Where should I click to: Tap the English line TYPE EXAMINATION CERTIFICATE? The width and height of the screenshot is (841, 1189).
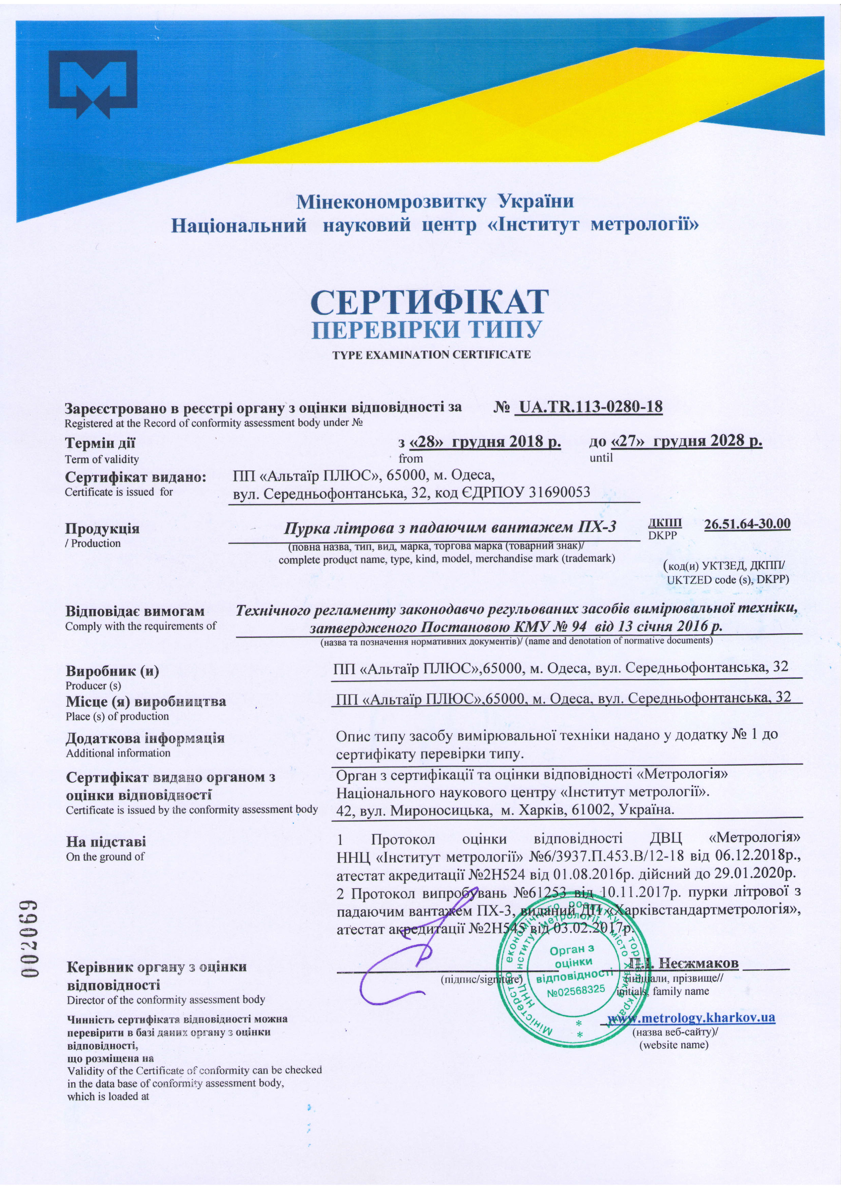point(431,355)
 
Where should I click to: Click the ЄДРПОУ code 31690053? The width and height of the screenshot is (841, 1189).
point(559,492)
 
